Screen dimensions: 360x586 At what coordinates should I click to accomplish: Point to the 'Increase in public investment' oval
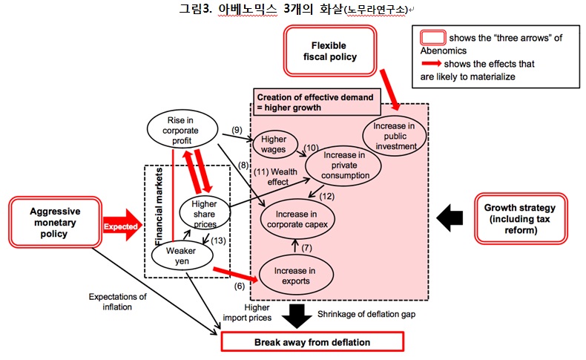(x=395, y=136)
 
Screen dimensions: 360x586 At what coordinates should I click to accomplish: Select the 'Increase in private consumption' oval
(x=342, y=167)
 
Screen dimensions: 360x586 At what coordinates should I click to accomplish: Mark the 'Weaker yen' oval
(x=175, y=256)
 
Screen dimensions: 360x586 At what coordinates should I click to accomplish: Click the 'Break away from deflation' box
(x=312, y=342)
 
